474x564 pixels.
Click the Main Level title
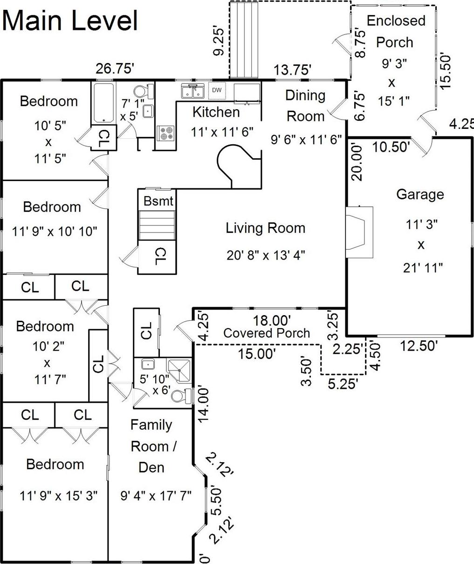click(71, 21)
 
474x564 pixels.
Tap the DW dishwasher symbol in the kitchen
click(217, 90)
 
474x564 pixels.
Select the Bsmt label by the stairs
click(158, 201)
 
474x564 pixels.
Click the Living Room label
click(266, 228)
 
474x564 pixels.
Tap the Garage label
click(420, 194)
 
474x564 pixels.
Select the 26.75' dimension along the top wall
click(115, 69)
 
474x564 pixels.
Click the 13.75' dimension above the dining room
click(292, 70)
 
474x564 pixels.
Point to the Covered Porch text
click(267, 333)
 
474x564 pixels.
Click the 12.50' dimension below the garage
click(418, 346)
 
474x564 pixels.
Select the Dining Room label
click(305, 106)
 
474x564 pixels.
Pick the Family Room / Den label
click(152, 446)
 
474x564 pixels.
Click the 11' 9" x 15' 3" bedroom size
click(59, 495)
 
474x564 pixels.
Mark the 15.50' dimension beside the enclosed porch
click(446, 71)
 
